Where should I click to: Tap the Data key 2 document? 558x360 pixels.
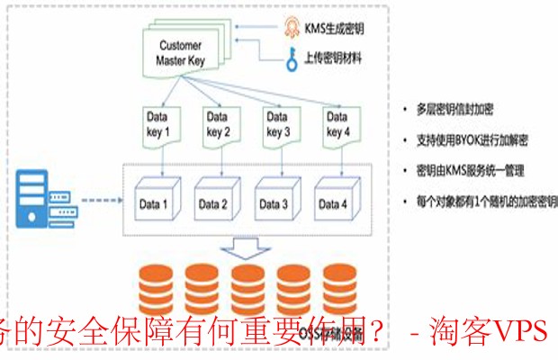pos(217,124)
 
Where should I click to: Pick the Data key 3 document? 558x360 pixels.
pos(278,124)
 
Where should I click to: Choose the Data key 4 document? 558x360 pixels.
pos(338,124)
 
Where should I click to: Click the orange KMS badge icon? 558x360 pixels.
pos(292,27)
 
